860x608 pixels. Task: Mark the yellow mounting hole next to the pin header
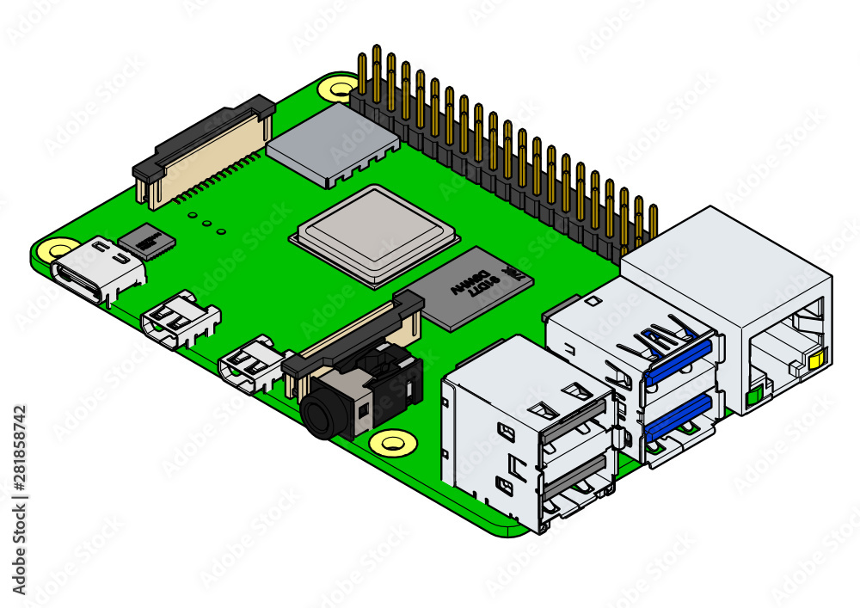tap(335, 87)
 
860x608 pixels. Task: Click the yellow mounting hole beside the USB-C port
tap(58, 250)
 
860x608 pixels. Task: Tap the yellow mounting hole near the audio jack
tap(392, 444)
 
